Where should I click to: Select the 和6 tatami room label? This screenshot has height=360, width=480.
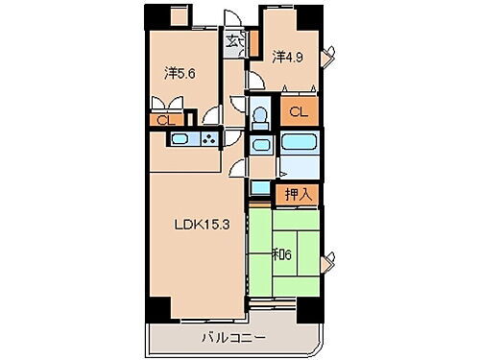(x=282, y=256)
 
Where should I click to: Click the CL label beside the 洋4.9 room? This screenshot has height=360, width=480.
(x=299, y=111)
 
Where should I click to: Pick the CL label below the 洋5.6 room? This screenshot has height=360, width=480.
(x=164, y=120)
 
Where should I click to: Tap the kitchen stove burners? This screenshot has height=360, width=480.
(x=209, y=141)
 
